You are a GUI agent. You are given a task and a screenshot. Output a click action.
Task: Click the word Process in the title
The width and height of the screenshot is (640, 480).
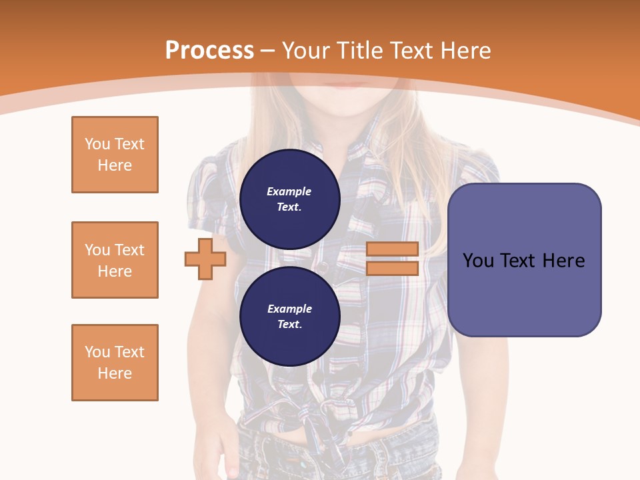(209, 51)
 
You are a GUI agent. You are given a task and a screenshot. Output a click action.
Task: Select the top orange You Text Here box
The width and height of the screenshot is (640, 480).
(115, 155)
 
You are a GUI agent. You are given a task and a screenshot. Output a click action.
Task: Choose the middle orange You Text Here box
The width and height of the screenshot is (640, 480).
(115, 260)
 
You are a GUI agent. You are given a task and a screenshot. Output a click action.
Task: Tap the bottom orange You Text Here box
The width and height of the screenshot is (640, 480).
(115, 363)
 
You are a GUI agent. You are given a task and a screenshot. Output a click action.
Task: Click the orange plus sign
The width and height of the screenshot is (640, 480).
(205, 259)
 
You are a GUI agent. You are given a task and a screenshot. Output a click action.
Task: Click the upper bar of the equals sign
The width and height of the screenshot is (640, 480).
(392, 249)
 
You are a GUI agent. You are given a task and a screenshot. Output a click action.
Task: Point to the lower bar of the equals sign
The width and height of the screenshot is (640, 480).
(392, 268)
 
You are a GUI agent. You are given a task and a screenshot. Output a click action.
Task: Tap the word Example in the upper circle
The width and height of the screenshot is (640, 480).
(289, 191)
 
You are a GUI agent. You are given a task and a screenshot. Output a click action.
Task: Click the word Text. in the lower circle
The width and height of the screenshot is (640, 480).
(289, 325)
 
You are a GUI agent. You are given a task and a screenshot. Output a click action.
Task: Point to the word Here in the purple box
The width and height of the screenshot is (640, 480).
(563, 260)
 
